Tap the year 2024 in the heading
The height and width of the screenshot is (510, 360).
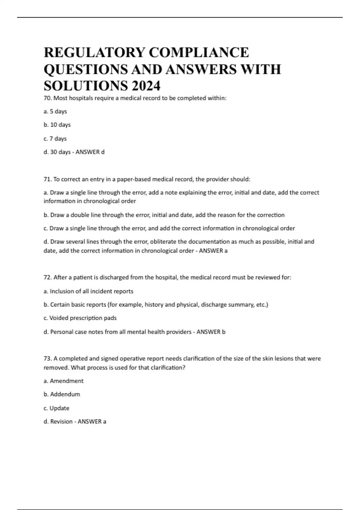tap(145, 86)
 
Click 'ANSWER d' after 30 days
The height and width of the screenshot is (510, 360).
tap(90, 152)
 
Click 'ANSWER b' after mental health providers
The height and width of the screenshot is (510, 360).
tap(211, 332)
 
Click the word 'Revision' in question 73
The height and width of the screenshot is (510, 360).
tap(61, 421)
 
